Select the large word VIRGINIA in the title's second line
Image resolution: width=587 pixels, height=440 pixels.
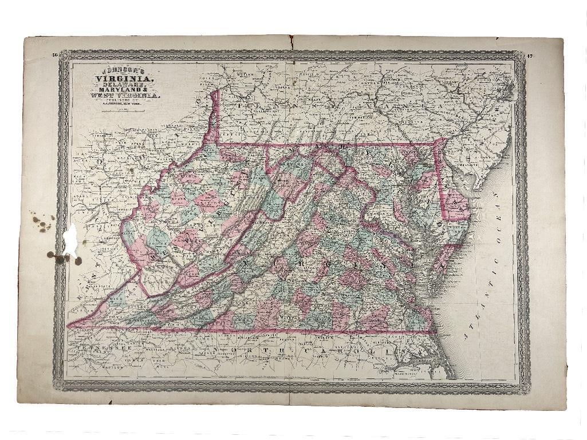[x=116, y=78]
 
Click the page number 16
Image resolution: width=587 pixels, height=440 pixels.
[x=54, y=54]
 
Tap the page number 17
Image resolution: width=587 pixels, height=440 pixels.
[x=530, y=56]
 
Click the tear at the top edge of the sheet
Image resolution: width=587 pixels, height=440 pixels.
[x=290, y=41]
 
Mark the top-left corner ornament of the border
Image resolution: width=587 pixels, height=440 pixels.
[x=64, y=55]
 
